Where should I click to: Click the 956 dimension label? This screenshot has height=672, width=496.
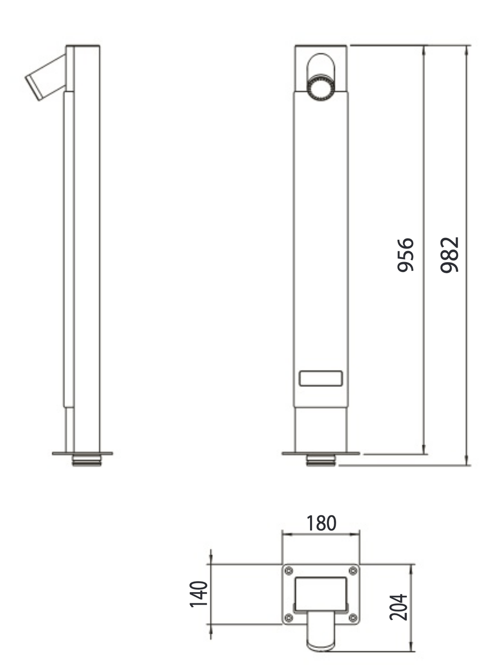[405, 255]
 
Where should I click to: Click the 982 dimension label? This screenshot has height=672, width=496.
[449, 255]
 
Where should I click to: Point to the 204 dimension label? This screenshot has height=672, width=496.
[398, 607]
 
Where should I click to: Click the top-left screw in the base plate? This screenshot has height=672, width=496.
[289, 571]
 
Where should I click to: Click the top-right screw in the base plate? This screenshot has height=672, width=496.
[353, 571]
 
